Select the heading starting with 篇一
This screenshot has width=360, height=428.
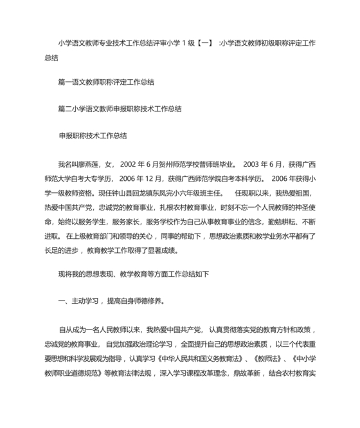(106, 82)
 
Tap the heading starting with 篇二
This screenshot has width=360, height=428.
(120, 109)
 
